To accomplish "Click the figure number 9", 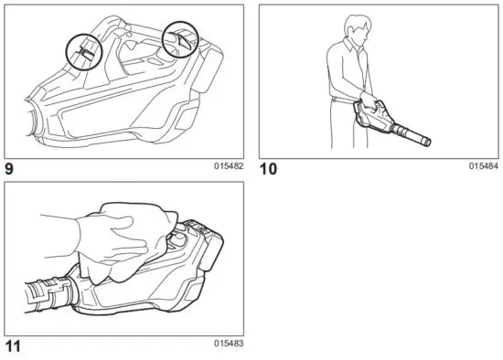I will pos(11,168).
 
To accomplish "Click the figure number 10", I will pos(269,168).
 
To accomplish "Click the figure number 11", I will pos(12,346).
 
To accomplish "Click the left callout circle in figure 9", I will pos(83,49).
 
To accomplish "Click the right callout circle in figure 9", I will pos(179,39).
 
